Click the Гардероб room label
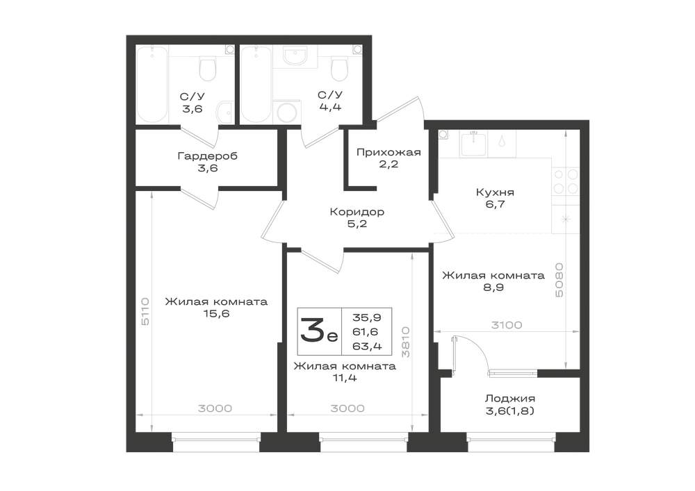pyautogui.click(x=207, y=156)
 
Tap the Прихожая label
pyautogui.click(x=389, y=152)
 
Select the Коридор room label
pyautogui.click(x=357, y=212)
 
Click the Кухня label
pyautogui.click(x=495, y=192)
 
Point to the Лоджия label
pyautogui.click(x=509, y=399)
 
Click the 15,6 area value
pyautogui.click(x=215, y=314)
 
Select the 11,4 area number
pyautogui.click(x=345, y=378)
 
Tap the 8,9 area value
pyautogui.click(x=493, y=288)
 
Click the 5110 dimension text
pyautogui.click(x=145, y=312)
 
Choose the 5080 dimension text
pyautogui.click(x=559, y=280)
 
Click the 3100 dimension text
pyautogui.click(x=507, y=325)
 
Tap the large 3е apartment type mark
pyautogui.click(x=319, y=331)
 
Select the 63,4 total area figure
pyautogui.click(x=367, y=347)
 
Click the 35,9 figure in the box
pyautogui.click(x=367, y=317)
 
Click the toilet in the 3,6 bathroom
pyautogui.click(x=207, y=69)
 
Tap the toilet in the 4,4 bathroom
pyautogui.click(x=340, y=69)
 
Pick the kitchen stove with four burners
pyautogui.click(x=566, y=181)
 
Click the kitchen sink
pyautogui.click(x=474, y=144)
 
